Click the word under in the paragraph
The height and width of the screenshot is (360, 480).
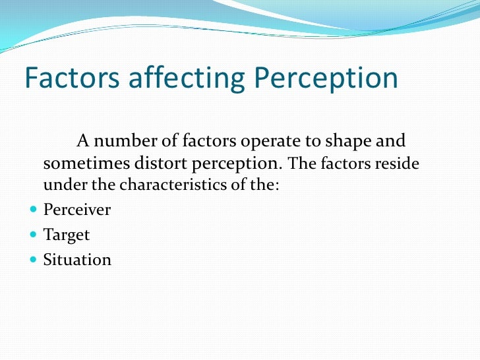[61, 185]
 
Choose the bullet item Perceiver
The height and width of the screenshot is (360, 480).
[77, 210]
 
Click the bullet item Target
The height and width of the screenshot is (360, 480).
[66, 235]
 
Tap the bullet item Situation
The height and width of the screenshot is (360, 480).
[77, 259]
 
